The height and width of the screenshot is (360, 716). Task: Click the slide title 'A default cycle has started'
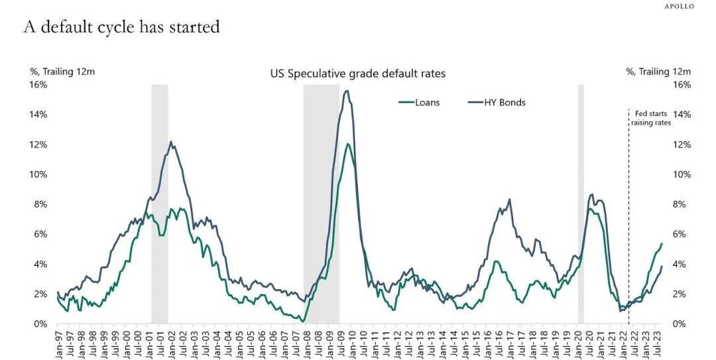coord(121,27)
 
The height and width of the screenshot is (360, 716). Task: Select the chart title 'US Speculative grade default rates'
coord(357,74)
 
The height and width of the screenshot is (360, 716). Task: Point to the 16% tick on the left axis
coord(38,85)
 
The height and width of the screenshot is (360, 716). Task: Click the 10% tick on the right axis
coord(682,174)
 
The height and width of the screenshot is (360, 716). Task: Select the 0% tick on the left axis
coord(40,324)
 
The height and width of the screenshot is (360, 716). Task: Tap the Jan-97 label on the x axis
coord(58,343)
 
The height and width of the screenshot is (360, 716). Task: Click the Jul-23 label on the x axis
coord(660,343)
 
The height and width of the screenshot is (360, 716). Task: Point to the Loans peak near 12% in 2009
coord(347,144)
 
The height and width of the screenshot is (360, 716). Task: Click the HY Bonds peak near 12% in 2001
coord(171,142)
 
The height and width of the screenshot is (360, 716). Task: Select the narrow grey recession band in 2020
coord(581,199)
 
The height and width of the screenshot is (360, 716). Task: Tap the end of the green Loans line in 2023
coord(662,243)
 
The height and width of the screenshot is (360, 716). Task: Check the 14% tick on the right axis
coord(682,115)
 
